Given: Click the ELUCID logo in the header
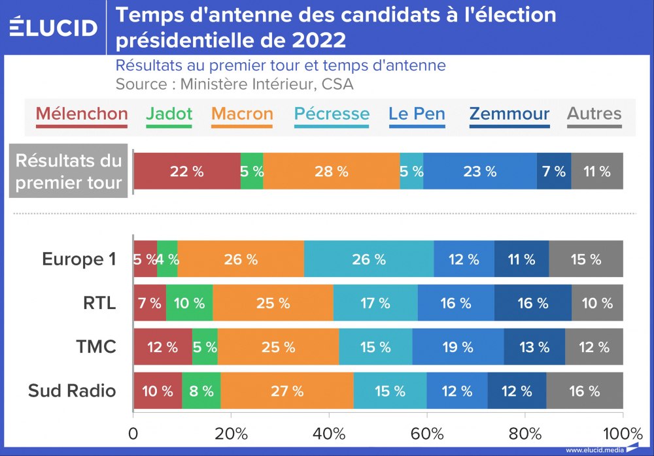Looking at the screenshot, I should pyautogui.click(x=54, y=27).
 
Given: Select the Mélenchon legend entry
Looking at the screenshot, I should pyautogui.click(x=82, y=114).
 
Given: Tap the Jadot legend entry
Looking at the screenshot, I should pyautogui.click(x=169, y=114).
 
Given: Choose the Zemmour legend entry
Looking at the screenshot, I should pyautogui.click(x=509, y=114).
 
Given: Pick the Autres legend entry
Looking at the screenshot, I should pyautogui.click(x=594, y=114).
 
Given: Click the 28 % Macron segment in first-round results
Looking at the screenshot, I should pyautogui.click(x=332, y=172).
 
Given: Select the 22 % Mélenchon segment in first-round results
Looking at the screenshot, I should pyautogui.click(x=187, y=172).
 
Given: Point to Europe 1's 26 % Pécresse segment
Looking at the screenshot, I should pyautogui.click(x=369, y=259).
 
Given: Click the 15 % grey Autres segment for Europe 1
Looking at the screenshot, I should pyautogui.click(x=586, y=259).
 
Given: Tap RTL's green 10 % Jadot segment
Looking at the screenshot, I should pyautogui.click(x=190, y=303).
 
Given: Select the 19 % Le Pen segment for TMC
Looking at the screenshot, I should pyautogui.click(x=458, y=347).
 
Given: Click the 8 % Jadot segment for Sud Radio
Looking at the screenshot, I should pyautogui.click(x=201, y=391).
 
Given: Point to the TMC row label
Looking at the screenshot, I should pyautogui.click(x=96, y=347).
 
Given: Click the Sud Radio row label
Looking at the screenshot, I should pyautogui.click(x=72, y=391).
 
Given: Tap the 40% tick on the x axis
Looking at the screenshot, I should pyautogui.click(x=329, y=433).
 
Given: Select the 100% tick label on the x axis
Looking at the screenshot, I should pyautogui.click(x=621, y=433).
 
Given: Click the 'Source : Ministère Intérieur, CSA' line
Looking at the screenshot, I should pyautogui.click(x=234, y=84).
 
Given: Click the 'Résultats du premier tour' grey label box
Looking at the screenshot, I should pyautogui.click(x=69, y=172).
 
